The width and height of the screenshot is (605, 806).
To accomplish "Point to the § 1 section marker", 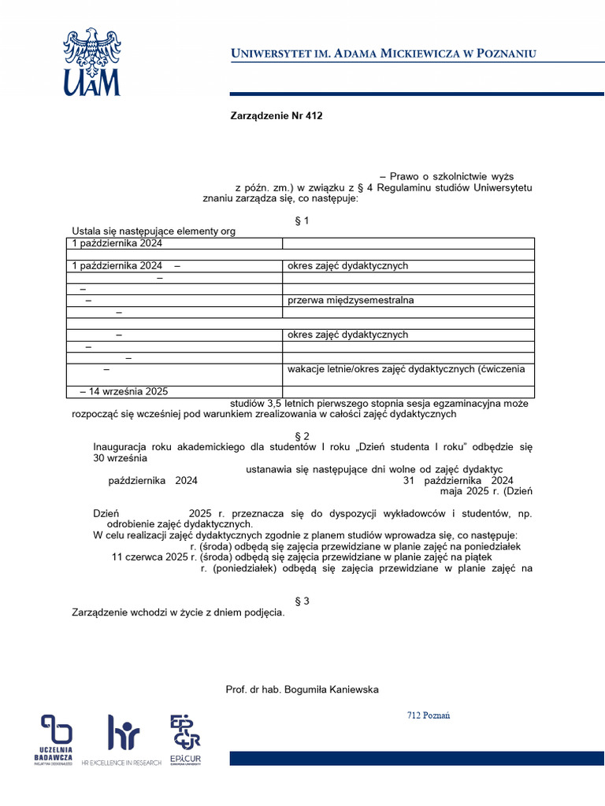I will tap(301, 220).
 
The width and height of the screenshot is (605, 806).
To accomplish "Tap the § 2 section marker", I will tap(302, 436).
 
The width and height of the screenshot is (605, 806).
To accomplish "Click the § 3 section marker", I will tap(302, 601).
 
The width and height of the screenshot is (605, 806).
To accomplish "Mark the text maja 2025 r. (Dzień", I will tap(487, 492).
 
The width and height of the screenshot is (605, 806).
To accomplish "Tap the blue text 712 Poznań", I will tap(429, 715).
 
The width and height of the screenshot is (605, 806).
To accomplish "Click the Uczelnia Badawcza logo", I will tap(57, 738).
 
